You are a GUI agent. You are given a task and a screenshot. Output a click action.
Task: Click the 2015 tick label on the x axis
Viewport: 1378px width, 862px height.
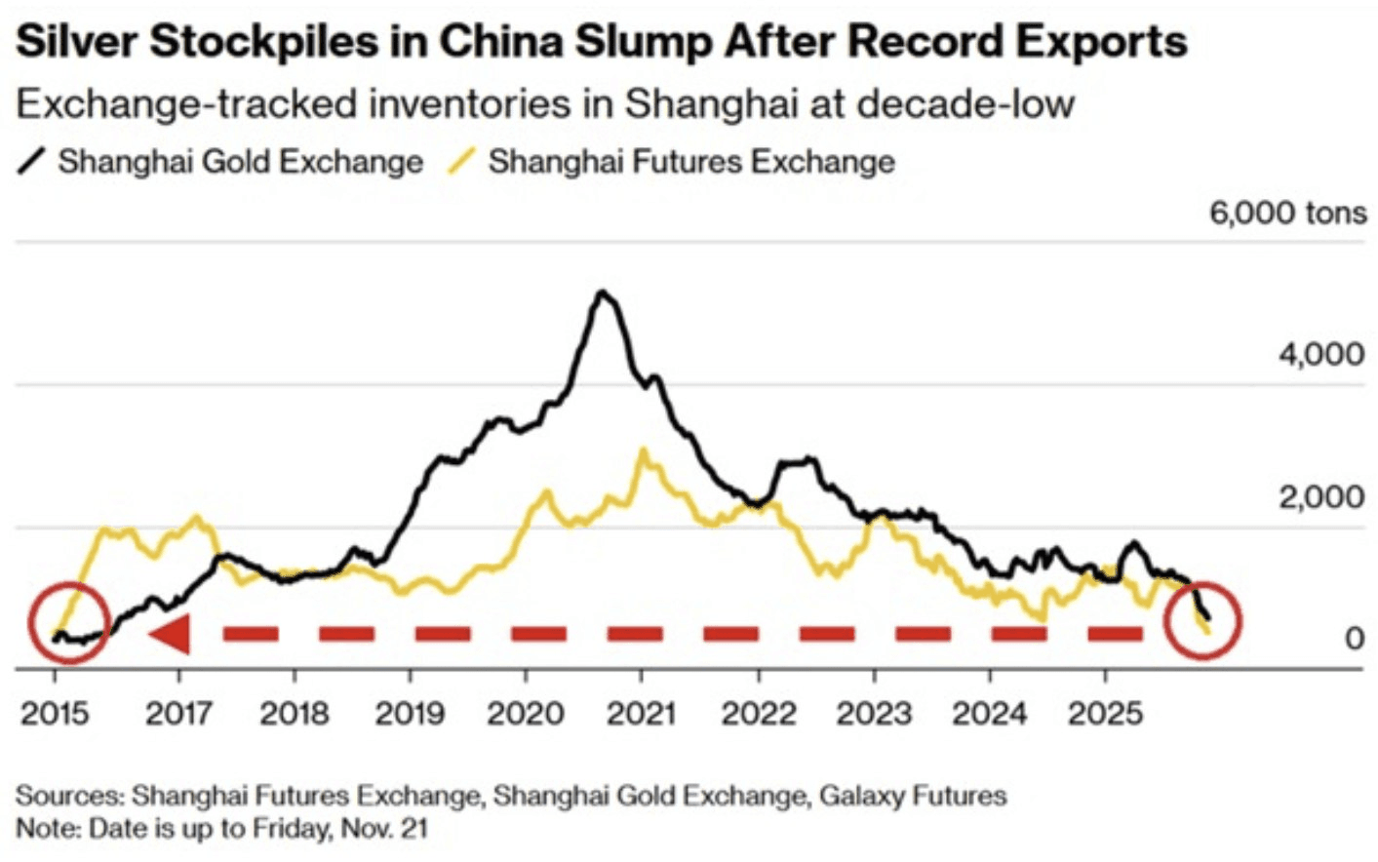point(55,714)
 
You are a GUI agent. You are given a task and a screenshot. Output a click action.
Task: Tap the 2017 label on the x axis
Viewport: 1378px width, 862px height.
point(178,714)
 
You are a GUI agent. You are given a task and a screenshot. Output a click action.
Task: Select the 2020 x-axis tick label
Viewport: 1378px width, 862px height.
point(526,714)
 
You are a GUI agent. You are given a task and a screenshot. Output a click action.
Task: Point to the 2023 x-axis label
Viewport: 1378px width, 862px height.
point(874,714)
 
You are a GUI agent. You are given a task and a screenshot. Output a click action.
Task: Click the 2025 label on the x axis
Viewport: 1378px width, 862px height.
point(1105,714)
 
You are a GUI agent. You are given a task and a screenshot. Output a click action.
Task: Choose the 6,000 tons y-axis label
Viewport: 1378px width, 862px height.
point(1287,213)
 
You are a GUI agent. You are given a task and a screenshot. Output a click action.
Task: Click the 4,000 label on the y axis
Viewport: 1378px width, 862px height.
point(1321,354)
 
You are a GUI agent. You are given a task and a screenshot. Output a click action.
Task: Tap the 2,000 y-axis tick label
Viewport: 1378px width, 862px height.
point(1321,497)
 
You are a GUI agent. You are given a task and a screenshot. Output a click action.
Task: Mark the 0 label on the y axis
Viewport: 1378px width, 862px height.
point(1354,639)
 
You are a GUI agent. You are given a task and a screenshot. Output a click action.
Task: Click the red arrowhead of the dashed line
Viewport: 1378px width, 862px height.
point(170,635)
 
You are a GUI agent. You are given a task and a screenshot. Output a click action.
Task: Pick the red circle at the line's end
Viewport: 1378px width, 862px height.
point(1204,620)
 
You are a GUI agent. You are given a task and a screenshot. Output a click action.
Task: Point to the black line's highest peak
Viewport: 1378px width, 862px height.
point(604,292)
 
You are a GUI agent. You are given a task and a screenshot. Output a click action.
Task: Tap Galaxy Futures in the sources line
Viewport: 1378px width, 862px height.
point(912,796)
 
